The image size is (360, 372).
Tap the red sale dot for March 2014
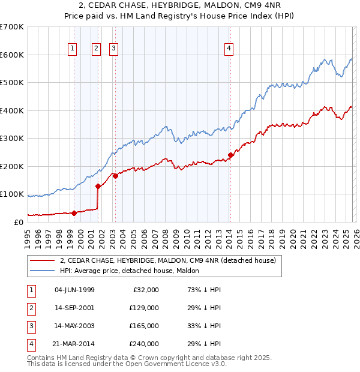[230, 155]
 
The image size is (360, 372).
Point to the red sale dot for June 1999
[74, 213]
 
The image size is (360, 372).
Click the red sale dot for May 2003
[115, 176]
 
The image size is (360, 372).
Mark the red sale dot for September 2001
[98, 186]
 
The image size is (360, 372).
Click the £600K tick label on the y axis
[11, 55]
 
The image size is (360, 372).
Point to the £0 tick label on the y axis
[18, 222]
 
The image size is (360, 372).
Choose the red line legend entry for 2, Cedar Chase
[167, 260]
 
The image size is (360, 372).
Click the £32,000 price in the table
[145, 290]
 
